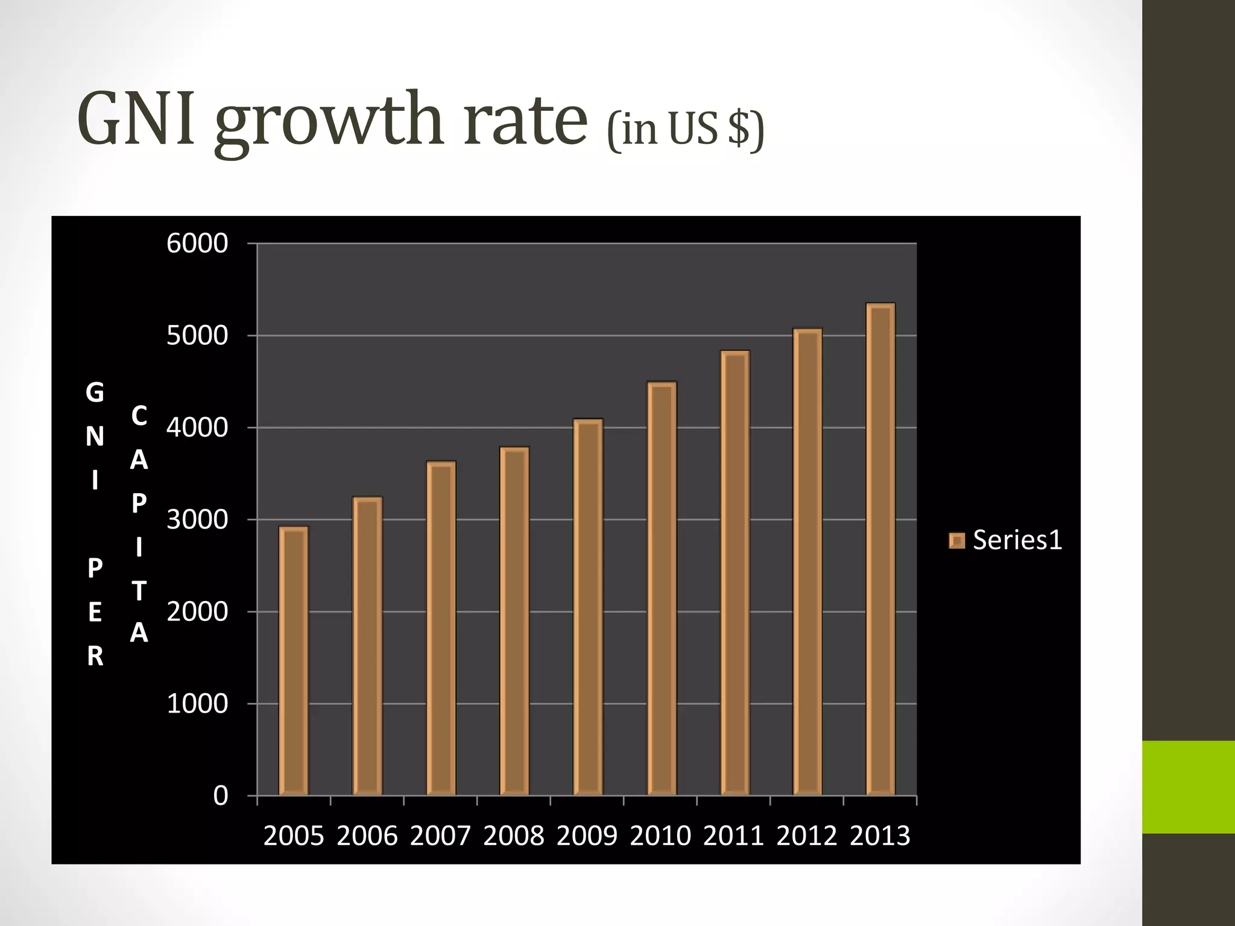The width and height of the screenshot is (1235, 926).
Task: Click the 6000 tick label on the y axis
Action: click(197, 244)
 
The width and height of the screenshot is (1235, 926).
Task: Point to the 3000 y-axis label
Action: click(197, 520)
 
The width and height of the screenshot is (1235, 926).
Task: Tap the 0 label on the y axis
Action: click(221, 796)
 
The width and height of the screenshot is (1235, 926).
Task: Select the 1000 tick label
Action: click(197, 704)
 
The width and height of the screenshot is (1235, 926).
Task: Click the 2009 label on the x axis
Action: click(587, 836)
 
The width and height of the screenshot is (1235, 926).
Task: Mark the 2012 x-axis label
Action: click(807, 836)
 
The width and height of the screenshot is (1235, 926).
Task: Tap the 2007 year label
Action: click(440, 836)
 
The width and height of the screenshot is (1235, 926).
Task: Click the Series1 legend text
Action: click(1017, 540)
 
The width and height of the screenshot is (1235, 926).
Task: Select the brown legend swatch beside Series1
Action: click(957, 541)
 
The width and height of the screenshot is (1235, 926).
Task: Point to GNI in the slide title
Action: click(136, 119)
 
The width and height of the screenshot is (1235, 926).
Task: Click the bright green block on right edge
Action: click(1188, 787)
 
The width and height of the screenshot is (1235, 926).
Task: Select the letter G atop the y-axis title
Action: click(95, 393)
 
